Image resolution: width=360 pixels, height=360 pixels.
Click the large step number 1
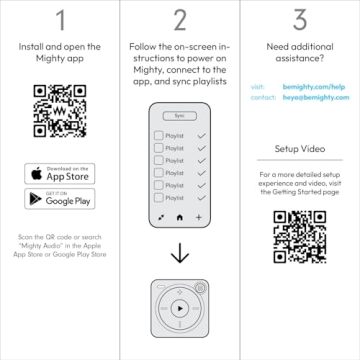(59, 20)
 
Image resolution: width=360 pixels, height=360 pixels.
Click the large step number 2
(180, 20)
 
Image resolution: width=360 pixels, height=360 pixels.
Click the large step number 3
(300, 20)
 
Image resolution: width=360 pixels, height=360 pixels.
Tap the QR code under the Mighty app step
(59, 111)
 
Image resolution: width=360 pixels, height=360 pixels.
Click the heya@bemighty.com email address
(318, 98)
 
